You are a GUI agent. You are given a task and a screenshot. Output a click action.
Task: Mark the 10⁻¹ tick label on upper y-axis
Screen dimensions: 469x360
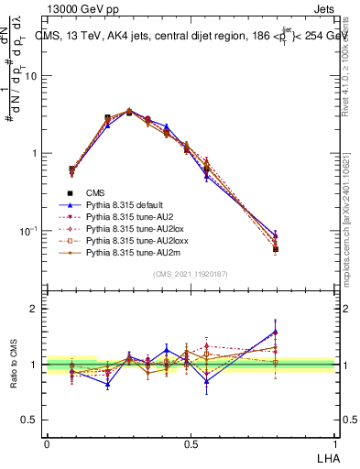pos(31,231)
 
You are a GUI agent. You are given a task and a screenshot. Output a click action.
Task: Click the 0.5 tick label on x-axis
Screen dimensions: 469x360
pos(191,443)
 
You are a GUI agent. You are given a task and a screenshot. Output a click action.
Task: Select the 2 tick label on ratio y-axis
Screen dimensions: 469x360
pos(35,309)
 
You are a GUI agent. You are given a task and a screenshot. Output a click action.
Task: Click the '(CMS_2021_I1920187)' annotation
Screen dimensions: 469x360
pos(191,274)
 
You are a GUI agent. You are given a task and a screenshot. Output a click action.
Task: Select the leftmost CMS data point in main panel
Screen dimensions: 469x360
pos(72,169)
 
